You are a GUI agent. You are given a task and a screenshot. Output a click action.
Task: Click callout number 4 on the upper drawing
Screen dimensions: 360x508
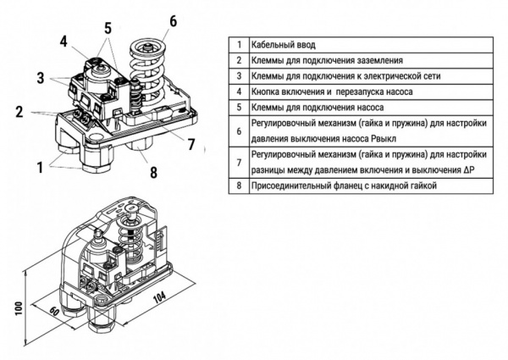click(x=63, y=42)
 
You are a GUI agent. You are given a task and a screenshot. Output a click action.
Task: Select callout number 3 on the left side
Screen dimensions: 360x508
click(x=40, y=79)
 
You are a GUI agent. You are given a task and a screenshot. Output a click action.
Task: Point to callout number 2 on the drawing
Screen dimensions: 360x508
click(x=18, y=111)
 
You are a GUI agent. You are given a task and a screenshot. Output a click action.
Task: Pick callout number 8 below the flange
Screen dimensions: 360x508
click(x=153, y=174)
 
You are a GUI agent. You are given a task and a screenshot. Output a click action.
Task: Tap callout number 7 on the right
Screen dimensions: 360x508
click(x=191, y=144)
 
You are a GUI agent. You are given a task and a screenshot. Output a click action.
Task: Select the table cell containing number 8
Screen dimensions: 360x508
click(x=239, y=185)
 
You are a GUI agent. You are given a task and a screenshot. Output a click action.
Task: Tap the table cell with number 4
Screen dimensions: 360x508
click(x=239, y=91)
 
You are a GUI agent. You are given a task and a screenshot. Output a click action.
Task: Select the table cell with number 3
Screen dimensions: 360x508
click(x=239, y=76)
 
